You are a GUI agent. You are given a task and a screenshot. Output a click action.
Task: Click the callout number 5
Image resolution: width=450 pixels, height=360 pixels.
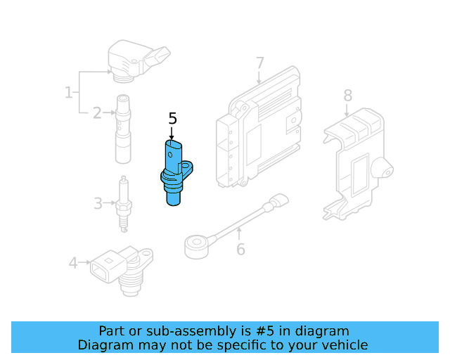coord(173,119)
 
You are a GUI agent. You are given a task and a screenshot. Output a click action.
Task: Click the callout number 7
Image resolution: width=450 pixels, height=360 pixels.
coord(259,63)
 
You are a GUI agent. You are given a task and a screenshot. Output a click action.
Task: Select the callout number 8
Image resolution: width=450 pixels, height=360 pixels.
coord(347,96)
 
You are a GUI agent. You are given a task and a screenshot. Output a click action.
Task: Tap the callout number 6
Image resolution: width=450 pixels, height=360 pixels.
coord(240,249)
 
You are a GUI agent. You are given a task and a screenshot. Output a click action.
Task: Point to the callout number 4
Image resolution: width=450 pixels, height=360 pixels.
coord(73,263)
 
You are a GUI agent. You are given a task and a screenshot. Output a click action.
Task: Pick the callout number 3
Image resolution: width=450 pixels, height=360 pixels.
coord(98,204)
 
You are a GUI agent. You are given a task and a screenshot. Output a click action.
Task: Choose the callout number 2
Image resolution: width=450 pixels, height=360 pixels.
coord(98,112)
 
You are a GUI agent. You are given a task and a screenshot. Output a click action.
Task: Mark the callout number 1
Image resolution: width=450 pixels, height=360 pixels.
coord(69,92)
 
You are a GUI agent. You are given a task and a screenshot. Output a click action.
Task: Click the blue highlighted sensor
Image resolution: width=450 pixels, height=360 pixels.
coord(174,172)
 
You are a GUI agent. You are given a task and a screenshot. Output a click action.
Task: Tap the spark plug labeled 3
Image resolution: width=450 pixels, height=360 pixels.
coord(124,204)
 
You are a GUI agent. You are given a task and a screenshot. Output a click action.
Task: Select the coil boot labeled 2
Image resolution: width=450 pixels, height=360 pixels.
coord(124,130)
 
